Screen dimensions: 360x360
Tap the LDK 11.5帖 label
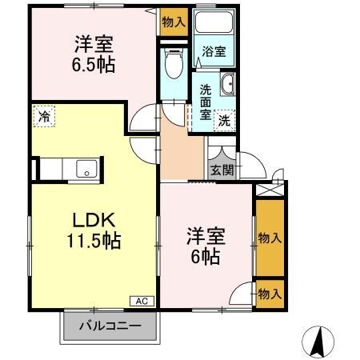[x=93, y=230]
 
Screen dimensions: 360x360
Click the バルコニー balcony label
[x=111, y=326]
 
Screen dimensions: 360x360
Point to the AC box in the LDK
[x=141, y=302]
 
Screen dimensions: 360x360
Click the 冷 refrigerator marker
[x=44, y=116]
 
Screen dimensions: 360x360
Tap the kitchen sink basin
[x=86, y=170]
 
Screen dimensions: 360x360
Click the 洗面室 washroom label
[x=206, y=102]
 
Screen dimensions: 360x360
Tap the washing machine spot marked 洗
[x=225, y=121]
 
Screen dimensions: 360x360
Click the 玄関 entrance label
[x=222, y=169]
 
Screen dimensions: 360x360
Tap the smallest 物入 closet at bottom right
[x=270, y=294]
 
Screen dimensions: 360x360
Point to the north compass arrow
[x=319, y=342]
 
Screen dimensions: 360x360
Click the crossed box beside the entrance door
[x=270, y=191]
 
